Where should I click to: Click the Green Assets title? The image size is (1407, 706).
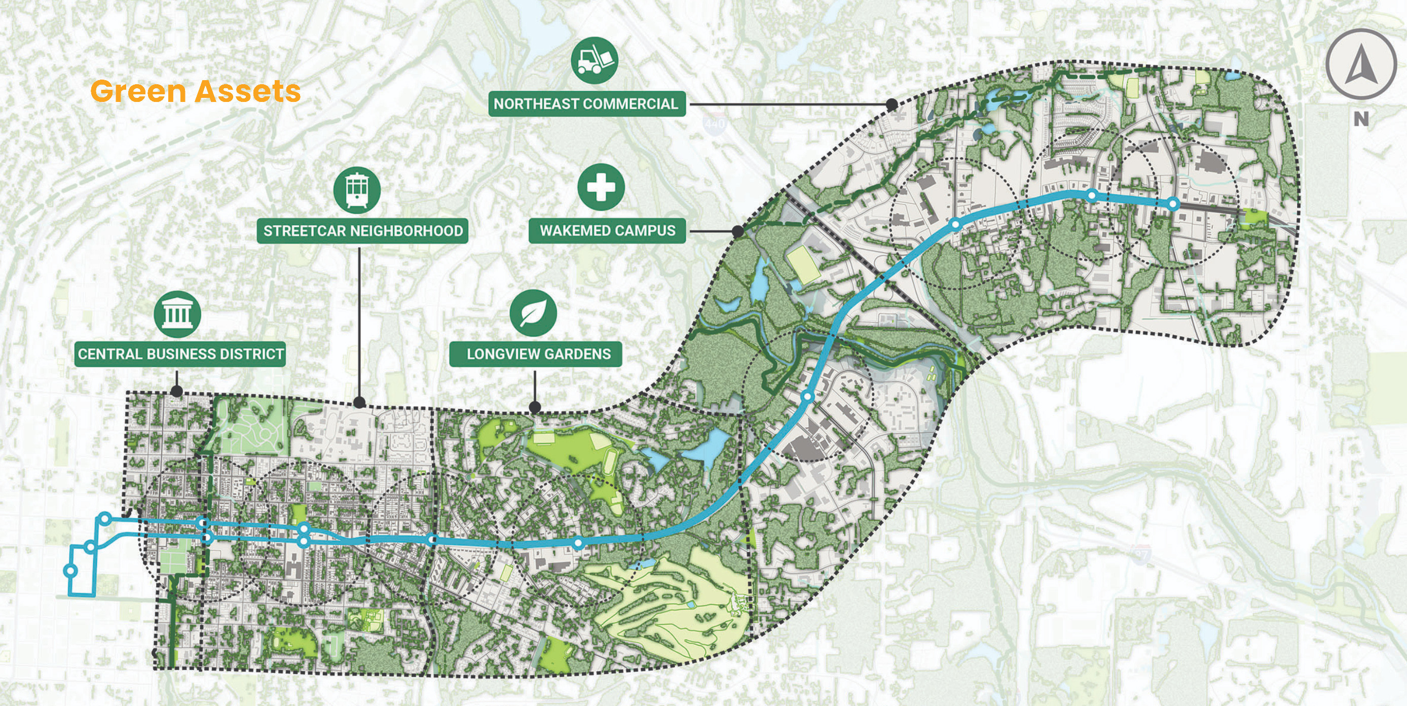tap(195, 91)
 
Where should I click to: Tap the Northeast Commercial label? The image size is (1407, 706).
tap(586, 104)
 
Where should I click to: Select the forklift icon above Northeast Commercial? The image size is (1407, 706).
tap(595, 61)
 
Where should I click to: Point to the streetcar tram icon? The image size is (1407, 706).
tap(357, 190)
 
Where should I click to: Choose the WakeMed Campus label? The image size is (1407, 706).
tap(607, 231)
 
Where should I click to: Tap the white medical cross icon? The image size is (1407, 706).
tap(601, 187)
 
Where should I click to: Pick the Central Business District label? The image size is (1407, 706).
tap(180, 354)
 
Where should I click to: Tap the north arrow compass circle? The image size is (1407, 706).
tap(1360, 64)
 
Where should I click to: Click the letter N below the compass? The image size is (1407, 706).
tap(1360, 119)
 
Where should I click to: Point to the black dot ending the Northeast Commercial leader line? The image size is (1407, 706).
tap(892, 104)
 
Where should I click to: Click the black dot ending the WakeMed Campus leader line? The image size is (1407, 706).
tap(737, 231)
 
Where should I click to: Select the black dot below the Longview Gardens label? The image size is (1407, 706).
tap(535, 407)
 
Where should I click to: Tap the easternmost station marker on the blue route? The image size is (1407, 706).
tap(1173, 204)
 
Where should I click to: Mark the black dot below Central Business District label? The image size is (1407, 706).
tap(176, 391)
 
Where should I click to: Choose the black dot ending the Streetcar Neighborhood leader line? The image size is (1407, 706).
tap(359, 403)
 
